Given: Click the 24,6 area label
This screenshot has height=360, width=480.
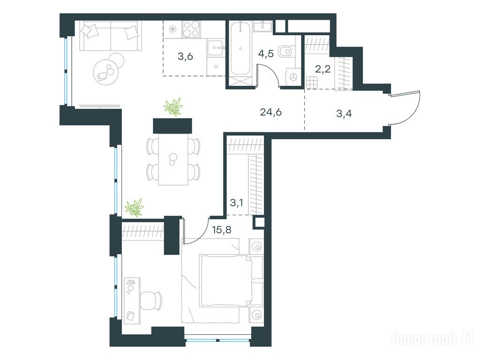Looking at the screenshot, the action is (270, 112).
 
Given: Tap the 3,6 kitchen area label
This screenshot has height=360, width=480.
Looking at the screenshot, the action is (185, 56).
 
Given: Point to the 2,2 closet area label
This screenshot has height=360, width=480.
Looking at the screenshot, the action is (322, 69).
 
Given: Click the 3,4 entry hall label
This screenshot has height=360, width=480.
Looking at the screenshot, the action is (344, 114).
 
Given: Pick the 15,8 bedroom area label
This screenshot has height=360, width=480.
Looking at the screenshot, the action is (222, 229).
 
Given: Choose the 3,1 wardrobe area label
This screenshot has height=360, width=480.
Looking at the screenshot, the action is (236, 202).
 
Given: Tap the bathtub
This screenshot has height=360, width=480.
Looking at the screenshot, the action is (241, 48).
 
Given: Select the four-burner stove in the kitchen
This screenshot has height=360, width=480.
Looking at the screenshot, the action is (192, 29).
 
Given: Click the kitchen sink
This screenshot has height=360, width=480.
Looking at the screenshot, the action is (216, 48).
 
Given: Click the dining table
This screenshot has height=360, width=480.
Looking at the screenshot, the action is (173, 159).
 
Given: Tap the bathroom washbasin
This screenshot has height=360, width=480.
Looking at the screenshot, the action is (263, 27).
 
